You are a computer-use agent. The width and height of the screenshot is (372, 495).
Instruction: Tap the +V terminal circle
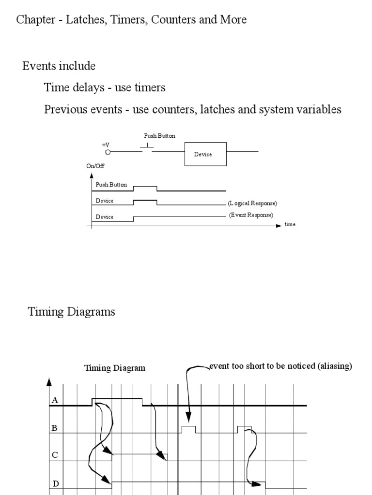[x=108, y=152]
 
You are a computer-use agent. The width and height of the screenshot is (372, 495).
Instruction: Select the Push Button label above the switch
[x=159, y=136]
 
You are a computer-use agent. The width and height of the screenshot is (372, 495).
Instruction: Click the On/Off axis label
[x=95, y=166]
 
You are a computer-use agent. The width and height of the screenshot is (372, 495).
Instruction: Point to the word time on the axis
[x=290, y=225]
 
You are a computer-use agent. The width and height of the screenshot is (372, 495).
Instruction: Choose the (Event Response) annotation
[x=251, y=215]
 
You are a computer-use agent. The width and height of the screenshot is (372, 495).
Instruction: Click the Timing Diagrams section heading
[x=72, y=312]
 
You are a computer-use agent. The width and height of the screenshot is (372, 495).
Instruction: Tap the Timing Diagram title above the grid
[x=115, y=368]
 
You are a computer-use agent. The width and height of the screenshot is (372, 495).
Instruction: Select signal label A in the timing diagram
[x=55, y=400]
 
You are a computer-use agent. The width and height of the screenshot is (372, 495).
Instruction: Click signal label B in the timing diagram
[x=55, y=428]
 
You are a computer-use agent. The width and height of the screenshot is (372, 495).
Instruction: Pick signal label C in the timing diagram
[x=55, y=455]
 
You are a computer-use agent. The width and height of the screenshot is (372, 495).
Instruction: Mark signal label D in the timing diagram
[x=55, y=483]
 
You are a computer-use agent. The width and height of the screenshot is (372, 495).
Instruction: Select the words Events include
[x=59, y=66]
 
